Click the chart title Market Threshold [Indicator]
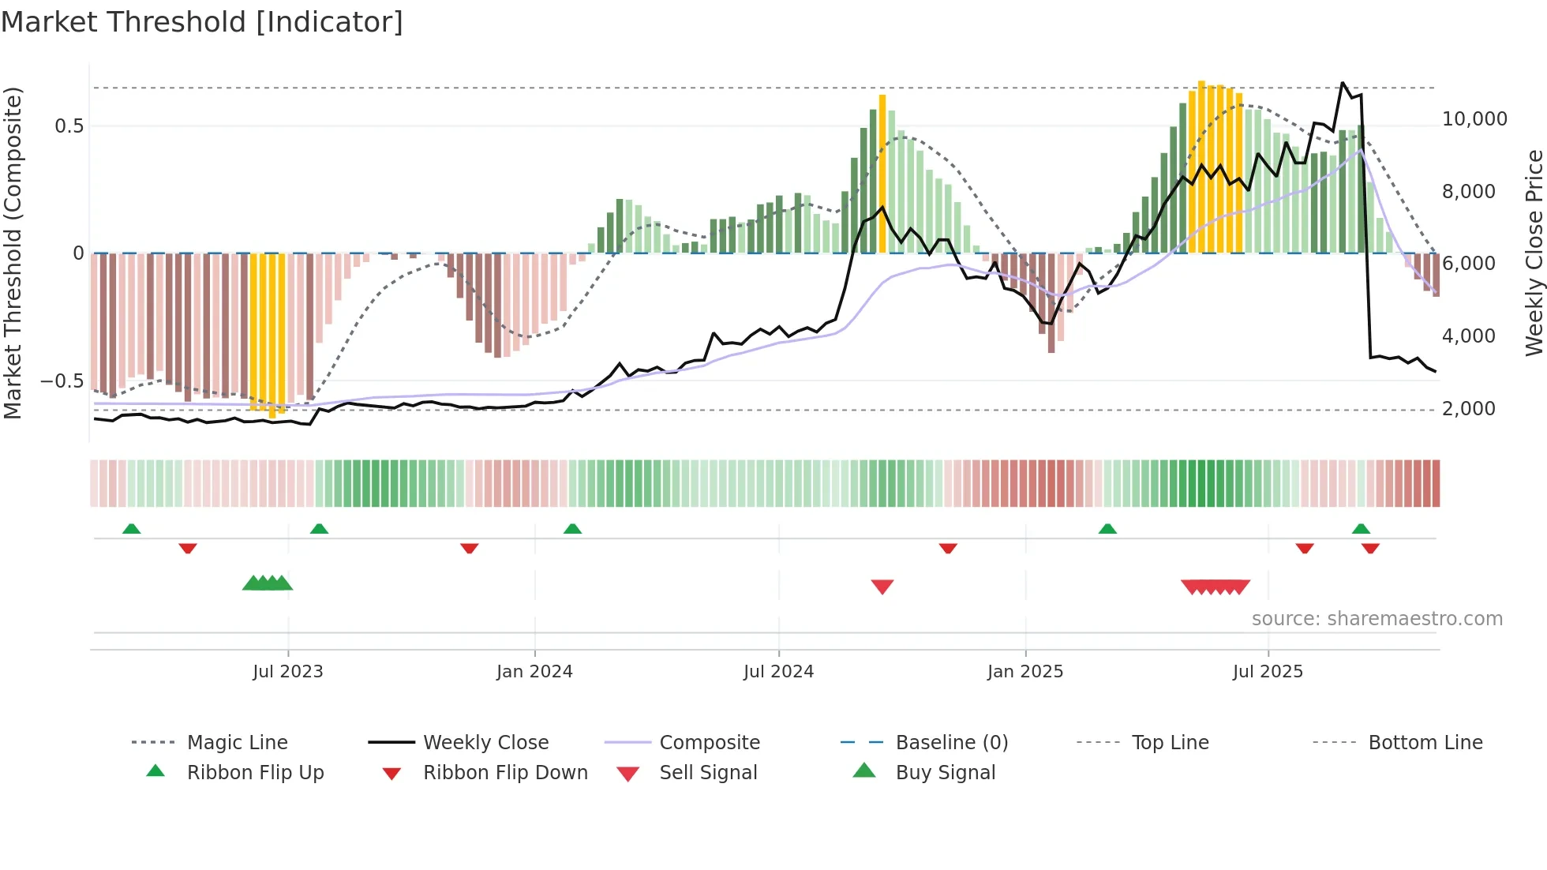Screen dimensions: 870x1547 click(x=202, y=22)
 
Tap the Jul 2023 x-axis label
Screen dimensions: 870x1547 click(x=288, y=671)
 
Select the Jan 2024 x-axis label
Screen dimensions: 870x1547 click(x=534, y=671)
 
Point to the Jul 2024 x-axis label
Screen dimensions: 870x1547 click(x=778, y=671)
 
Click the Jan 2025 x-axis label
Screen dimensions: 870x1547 click(x=1025, y=671)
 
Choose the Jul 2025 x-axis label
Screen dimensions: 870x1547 click(x=1268, y=671)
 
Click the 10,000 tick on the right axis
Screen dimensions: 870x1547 click(x=1474, y=119)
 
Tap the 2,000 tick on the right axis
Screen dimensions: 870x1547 click(x=1468, y=409)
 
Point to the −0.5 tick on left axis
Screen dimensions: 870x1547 click(x=62, y=381)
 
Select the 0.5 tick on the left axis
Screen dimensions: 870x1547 click(x=69, y=126)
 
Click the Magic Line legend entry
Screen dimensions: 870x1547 click(x=237, y=743)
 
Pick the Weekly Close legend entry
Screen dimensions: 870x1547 click(x=485, y=743)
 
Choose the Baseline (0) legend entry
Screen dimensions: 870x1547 click(x=951, y=743)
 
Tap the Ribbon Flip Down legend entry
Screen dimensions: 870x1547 click(x=505, y=773)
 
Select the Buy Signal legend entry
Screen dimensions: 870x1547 click(x=945, y=773)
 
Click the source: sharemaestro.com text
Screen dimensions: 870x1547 click(x=1377, y=619)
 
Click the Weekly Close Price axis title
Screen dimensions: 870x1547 click(x=1534, y=253)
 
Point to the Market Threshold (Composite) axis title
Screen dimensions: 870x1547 click(x=13, y=253)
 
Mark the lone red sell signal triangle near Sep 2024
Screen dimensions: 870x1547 click(x=882, y=587)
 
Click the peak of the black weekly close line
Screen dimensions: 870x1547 click(x=1343, y=82)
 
